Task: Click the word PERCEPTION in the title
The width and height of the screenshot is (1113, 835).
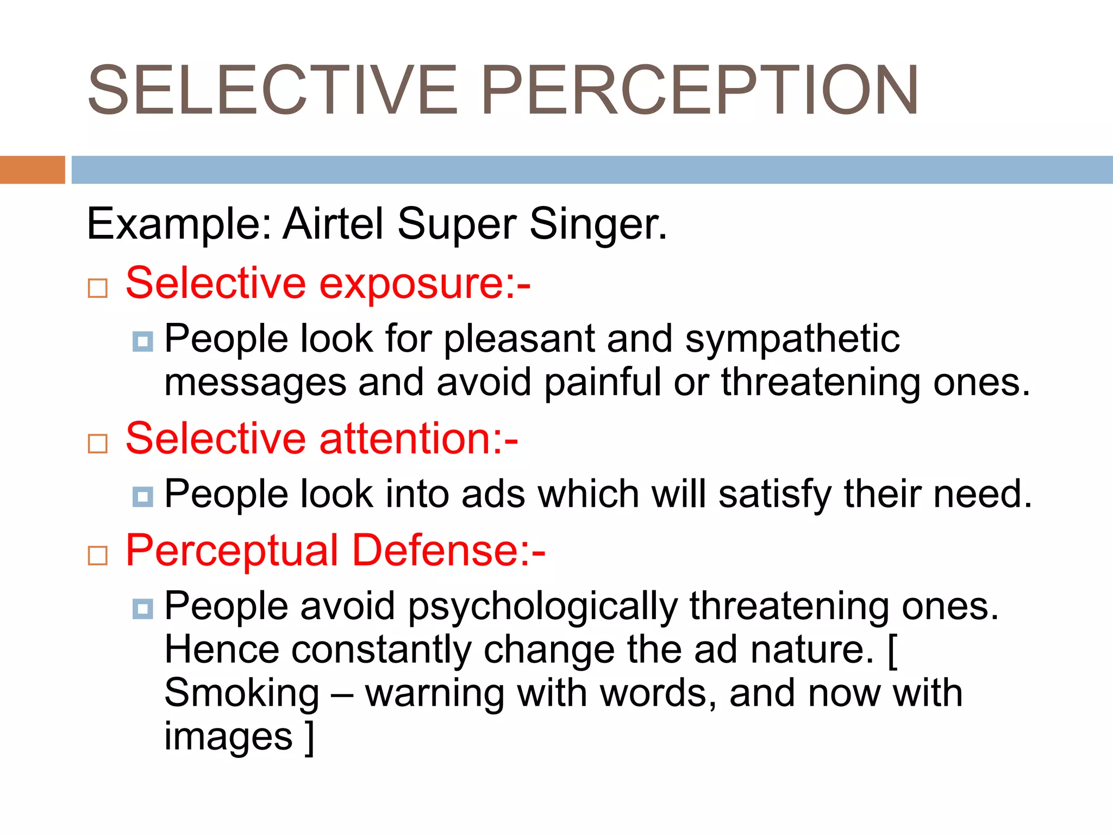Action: point(699,91)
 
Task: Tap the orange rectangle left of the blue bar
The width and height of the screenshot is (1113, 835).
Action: point(32,170)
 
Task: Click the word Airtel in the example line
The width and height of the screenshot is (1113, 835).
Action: point(333,223)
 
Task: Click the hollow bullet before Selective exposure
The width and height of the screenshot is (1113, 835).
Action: point(98,288)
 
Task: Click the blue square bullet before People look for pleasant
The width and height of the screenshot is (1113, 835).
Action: point(142,341)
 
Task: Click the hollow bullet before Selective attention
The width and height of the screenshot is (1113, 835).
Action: point(98,444)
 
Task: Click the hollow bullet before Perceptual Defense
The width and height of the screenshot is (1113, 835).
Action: point(98,556)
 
